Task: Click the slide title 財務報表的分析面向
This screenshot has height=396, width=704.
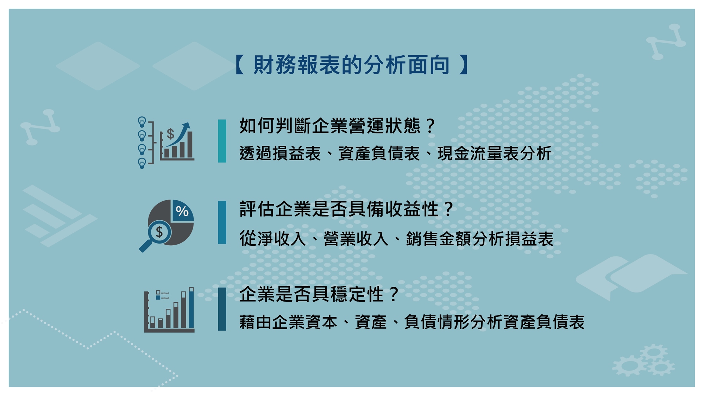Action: (352, 65)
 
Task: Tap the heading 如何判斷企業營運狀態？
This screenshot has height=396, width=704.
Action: (338, 126)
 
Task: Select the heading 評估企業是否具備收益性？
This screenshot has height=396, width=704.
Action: (347, 209)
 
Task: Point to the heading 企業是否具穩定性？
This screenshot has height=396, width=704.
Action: (319, 294)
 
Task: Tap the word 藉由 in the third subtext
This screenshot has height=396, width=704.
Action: (256, 322)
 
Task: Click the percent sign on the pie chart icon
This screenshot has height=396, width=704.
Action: (182, 211)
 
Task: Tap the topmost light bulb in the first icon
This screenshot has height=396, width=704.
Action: (142, 122)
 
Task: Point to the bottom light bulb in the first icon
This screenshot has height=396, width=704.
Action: (142, 163)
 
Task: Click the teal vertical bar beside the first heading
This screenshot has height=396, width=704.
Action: (222, 141)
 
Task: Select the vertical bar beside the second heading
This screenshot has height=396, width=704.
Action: (222, 222)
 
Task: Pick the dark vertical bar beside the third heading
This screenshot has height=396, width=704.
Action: (222, 309)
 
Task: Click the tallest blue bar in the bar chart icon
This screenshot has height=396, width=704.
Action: (191, 308)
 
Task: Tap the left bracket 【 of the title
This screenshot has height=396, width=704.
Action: (240, 65)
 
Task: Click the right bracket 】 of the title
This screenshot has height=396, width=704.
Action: (464, 65)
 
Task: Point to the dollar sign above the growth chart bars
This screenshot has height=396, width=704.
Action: (170, 134)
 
